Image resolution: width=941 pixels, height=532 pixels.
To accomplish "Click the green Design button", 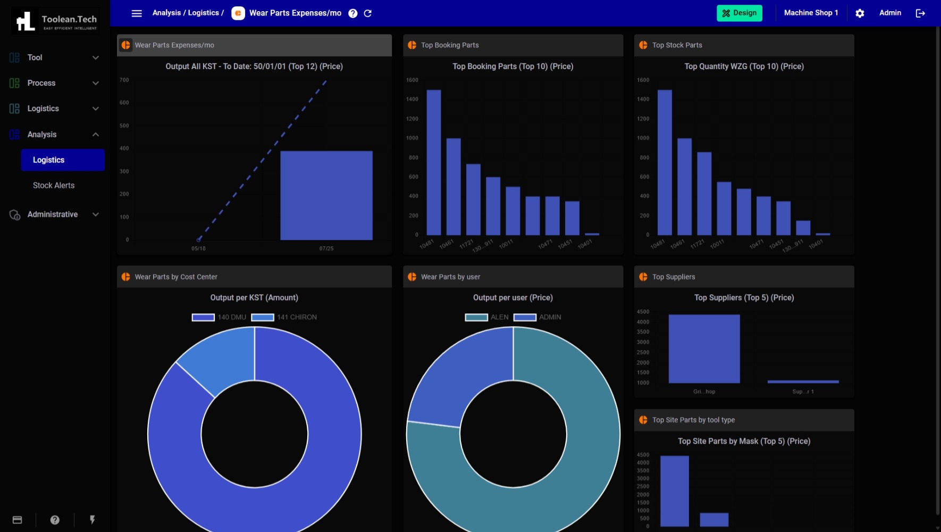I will (x=739, y=13).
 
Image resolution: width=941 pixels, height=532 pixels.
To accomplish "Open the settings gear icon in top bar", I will (x=860, y=13).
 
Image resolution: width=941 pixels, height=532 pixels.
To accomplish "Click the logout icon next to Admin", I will (x=920, y=13).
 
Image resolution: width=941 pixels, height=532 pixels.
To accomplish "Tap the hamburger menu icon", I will (x=137, y=13).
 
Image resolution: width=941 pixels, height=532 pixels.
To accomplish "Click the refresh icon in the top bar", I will (x=368, y=13).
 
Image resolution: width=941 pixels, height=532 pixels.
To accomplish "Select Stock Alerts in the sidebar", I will (x=54, y=186).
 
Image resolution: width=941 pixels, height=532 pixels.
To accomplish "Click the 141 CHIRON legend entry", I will (x=284, y=317).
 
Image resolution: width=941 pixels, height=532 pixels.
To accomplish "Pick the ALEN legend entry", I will (x=487, y=317).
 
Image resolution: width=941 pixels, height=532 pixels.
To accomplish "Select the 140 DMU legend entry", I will (x=219, y=317).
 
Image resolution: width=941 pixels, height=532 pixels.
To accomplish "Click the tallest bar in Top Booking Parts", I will (x=434, y=162).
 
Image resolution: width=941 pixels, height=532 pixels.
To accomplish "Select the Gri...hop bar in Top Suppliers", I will (x=704, y=348).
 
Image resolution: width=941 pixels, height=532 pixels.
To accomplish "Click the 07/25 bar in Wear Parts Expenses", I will (x=326, y=195).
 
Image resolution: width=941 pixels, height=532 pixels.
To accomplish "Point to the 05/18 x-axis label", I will (x=198, y=248).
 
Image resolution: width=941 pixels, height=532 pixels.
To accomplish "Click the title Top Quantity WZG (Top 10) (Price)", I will (x=744, y=66).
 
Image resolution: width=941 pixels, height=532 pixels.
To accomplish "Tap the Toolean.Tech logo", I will (x=55, y=21).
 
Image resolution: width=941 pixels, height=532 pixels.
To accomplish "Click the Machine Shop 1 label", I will (x=811, y=13).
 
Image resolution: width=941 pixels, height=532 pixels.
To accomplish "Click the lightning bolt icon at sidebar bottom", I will (x=93, y=520).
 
